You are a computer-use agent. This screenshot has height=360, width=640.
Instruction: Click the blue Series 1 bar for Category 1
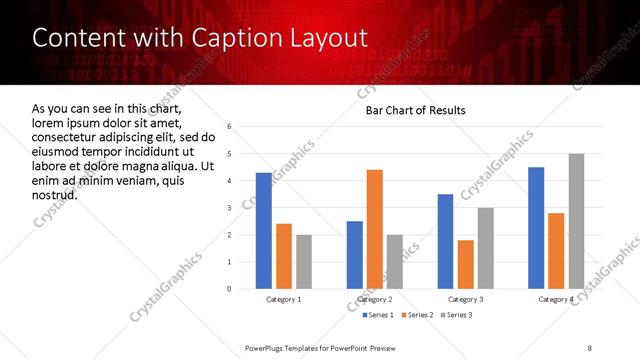264,231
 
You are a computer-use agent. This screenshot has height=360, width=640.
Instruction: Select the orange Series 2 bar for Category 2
375,229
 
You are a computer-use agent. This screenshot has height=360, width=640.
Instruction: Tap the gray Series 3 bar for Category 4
576,221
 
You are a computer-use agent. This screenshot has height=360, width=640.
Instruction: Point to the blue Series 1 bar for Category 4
536,228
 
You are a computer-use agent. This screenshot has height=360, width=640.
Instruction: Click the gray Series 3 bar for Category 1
304,262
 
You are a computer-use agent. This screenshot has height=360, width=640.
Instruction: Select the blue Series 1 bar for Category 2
355,255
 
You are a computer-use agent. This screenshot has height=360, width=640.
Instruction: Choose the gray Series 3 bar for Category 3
485,248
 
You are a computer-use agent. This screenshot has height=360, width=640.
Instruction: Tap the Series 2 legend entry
416,315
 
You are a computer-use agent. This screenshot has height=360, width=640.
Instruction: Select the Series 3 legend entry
456,315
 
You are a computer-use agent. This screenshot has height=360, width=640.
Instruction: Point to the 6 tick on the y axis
230,127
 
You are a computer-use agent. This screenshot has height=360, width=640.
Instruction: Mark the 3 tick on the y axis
230,208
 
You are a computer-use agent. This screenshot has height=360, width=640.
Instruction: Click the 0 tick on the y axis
230,289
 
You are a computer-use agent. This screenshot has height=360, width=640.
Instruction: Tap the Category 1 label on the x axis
284,299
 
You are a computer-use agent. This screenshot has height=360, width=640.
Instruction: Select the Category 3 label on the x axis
465,299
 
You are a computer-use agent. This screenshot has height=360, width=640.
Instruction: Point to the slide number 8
589,347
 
